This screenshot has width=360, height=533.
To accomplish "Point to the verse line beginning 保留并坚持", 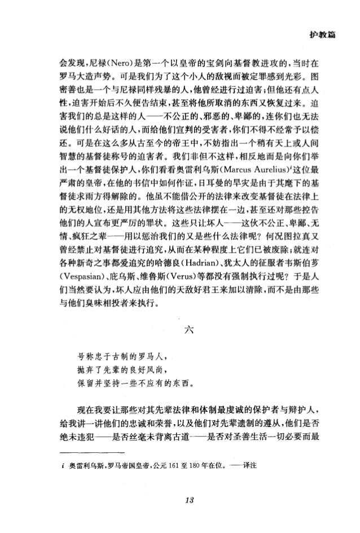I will point(131,386).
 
